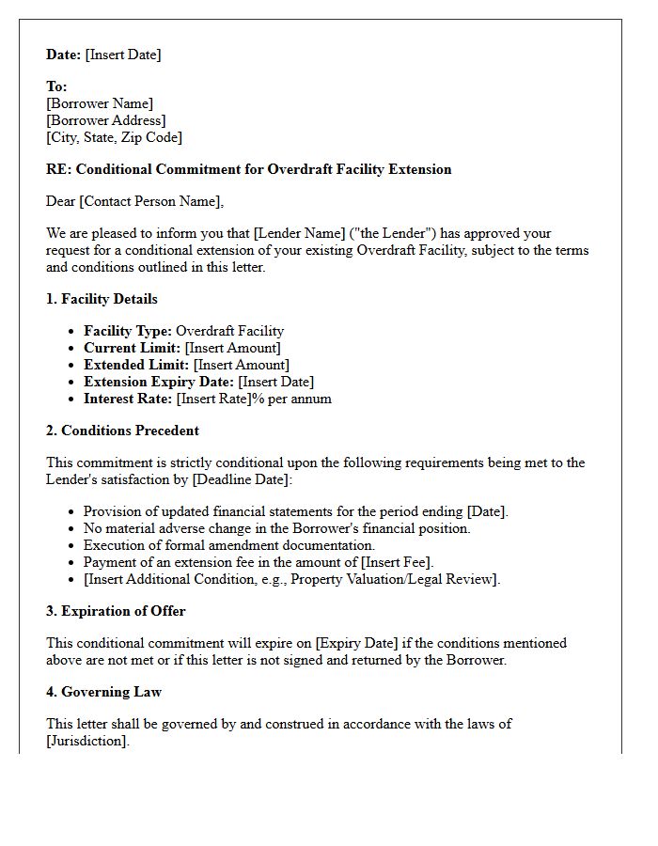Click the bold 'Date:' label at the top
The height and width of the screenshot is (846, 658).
(63, 55)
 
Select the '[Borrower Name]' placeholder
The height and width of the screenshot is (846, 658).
(100, 103)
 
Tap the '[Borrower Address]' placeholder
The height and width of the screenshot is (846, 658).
(106, 120)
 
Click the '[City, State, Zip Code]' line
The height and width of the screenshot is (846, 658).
(114, 137)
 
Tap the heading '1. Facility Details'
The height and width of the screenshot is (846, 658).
(102, 299)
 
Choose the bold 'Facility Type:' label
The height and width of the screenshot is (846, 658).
(128, 331)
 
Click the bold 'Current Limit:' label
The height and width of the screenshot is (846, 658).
(132, 348)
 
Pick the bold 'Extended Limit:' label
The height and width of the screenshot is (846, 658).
(136, 365)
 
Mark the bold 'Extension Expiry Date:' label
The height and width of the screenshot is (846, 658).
(159, 382)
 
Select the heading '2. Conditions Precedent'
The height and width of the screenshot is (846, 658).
(122, 431)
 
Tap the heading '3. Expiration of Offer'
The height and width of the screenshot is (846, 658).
(116, 611)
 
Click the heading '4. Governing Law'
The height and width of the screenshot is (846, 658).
(103, 692)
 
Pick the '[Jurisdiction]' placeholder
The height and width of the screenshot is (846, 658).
(86, 741)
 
